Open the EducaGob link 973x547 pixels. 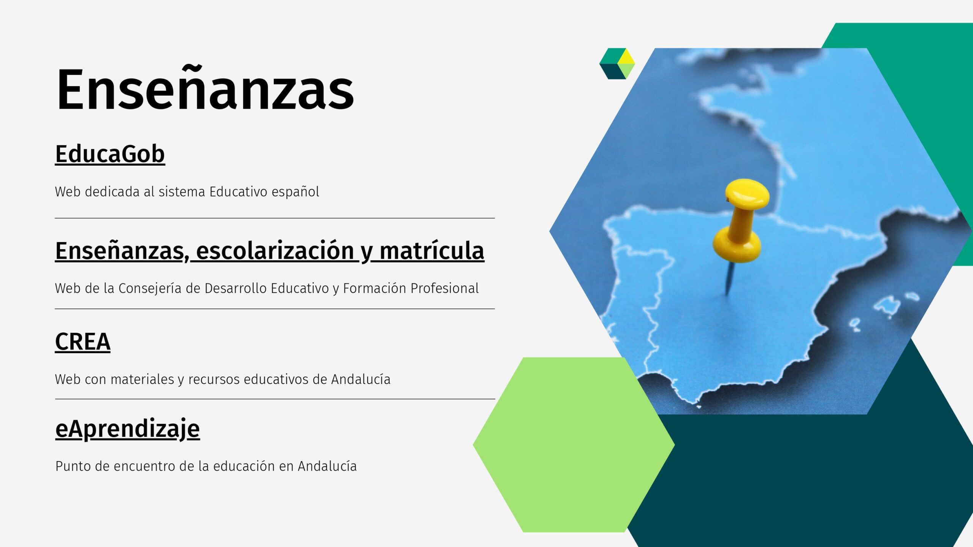[x=110, y=154]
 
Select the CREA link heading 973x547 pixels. [x=82, y=341]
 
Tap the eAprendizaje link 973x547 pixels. [x=127, y=429]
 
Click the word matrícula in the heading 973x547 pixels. [x=432, y=251]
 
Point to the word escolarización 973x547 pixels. [x=275, y=251]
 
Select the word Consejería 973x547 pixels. [x=150, y=288]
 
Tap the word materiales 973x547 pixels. [x=142, y=379]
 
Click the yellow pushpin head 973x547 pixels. [x=747, y=194]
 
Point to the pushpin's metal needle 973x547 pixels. [x=729, y=279]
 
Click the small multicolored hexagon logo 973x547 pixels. [x=617, y=63]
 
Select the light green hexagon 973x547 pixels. [x=574, y=444]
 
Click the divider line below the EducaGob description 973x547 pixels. [x=275, y=218]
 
